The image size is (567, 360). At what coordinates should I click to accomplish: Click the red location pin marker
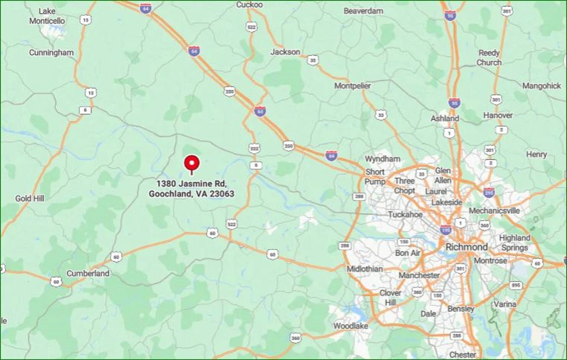click(x=192, y=163)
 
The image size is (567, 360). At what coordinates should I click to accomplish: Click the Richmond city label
click(x=467, y=247)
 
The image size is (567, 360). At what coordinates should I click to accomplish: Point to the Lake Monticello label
click(x=47, y=16)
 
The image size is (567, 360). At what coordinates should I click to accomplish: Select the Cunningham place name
click(x=51, y=53)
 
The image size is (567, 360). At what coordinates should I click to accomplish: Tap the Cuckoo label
click(x=249, y=5)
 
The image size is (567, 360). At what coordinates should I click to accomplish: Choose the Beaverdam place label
click(x=364, y=11)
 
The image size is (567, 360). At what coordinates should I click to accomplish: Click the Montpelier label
click(x=352, y=86)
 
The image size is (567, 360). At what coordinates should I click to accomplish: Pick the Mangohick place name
click(x=542, y=86)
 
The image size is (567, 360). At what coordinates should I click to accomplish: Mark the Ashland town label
click(x=445, y=118)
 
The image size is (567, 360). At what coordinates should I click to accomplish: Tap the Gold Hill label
click(x=30, y=198)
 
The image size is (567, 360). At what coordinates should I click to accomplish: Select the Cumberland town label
click(x=88, y=273)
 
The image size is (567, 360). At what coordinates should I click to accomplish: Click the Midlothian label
click(x=365, y=269)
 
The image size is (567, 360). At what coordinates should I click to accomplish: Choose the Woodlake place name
click(x=350, y=326)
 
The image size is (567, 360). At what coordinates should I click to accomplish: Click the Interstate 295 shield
click(x=489, y=192)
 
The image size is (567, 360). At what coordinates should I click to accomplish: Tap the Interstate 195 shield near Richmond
click(x=445, y=230)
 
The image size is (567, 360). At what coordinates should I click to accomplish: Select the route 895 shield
click(x=516, y=285)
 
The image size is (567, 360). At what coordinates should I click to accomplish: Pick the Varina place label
click(x=505, y=304)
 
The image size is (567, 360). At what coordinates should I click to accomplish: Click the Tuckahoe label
click(x=405, y=214)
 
